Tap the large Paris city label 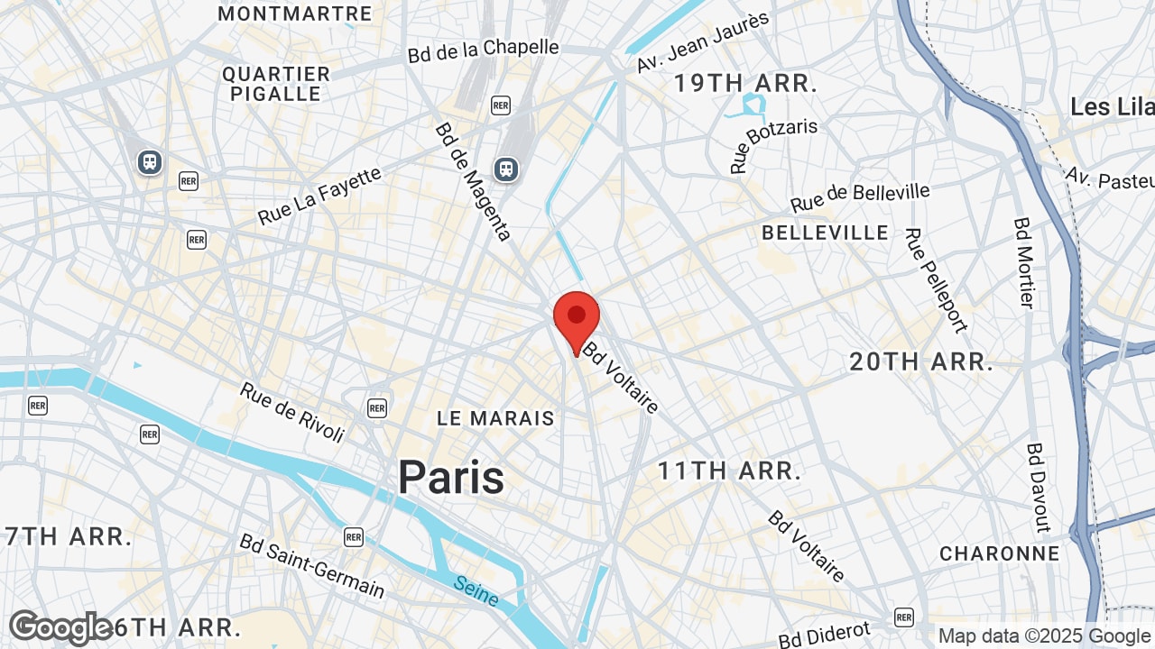451,477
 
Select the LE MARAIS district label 495,418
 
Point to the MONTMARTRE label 295,14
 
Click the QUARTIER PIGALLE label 276,84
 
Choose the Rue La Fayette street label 320,197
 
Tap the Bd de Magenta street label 473,181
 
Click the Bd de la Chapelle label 484,50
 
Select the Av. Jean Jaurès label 703,41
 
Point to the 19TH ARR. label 746,84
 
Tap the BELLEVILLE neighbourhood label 825,233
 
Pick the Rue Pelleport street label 936,279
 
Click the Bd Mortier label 1024,261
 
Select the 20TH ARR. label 920,362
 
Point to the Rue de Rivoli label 292,413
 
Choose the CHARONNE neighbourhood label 999,553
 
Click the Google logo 60,627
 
